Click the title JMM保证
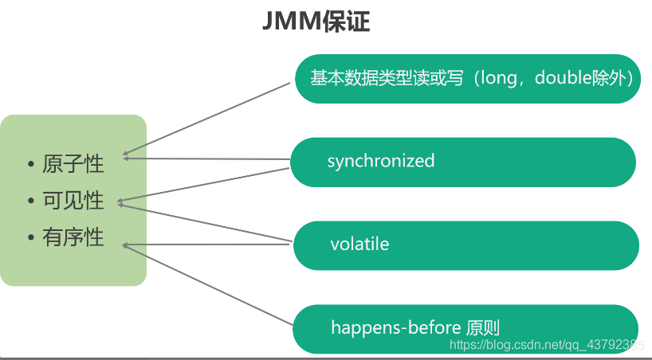pyautogui.click(x=316, y=22)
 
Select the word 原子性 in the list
pyautogui.click(x=73, y=165)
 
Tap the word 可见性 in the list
pyautogui.click(x=73, y=201)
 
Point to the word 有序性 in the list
pyautogui.click(x=73, y=237)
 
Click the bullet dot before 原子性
pyautogui.click(x=31, y=166)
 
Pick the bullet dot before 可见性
pyautogui.click(x=31, y=202)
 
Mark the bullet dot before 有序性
pyautogui.click(x=31, y=237)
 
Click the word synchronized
pyautogui.click(x=380, y=161)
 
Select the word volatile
pyautogui.click(x=359, y=244)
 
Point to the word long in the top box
pyautogui.click(x=505, y=79)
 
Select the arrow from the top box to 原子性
pyautogui.click(x=207, y=117)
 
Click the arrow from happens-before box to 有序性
pyautogui.click(x=207, y=284)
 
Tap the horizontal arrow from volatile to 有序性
pyautogui.click(x=207, y=245)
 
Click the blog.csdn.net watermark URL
pyautogui.click(x=547, y=345)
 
